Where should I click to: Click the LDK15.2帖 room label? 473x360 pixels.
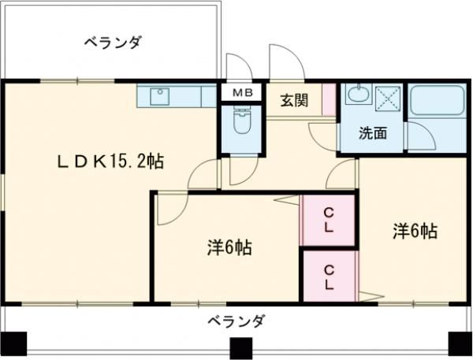pos(110,162)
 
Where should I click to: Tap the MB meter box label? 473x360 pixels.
pos(242,92)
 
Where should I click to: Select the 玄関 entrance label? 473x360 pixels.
pos(293,100)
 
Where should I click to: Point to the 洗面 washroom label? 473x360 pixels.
pos(373,132)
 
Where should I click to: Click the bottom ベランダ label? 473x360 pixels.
pos(236,322)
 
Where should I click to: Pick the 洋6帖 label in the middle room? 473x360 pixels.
pos(229,248)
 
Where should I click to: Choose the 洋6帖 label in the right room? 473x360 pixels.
pos(415,231)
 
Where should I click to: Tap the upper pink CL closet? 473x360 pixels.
pos(329,220)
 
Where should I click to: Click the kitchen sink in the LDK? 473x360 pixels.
pos(161,96)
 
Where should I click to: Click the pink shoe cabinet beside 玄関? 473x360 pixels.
pos(328,102)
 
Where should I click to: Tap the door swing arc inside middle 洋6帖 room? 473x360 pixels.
pos(168,206)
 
